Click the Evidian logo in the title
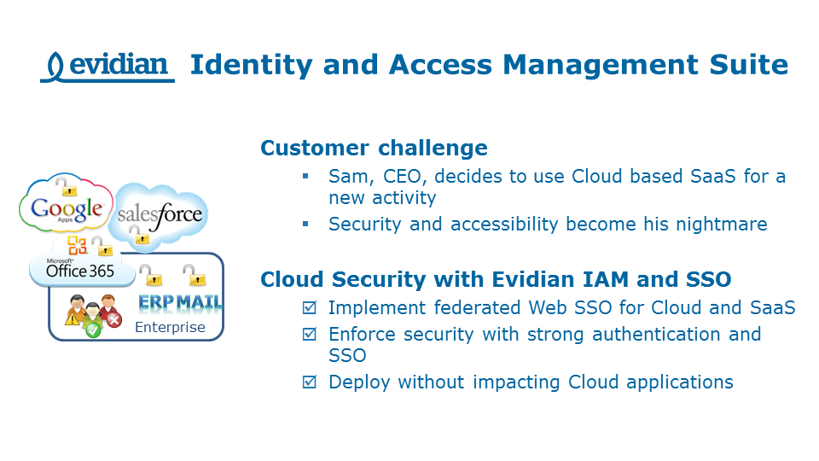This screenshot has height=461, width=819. pos(107,65)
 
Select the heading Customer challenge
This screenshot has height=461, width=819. pos(374,148)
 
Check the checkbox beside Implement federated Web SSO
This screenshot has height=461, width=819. pos(309,308)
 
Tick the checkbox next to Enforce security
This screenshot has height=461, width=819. pos(309,335)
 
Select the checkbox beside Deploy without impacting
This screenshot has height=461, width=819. pos(309,382)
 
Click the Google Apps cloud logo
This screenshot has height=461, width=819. pos(66,208)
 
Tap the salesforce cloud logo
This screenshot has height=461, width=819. pos(160,213)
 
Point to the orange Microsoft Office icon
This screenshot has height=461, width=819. pos(78,247)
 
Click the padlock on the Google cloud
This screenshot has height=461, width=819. pos(63,184)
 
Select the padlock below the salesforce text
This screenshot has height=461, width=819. pos(143,237)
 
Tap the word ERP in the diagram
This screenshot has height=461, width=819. pos(158,302)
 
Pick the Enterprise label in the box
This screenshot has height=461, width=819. pos(170,327)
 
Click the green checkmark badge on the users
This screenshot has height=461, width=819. pos(93,329)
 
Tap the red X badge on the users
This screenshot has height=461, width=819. pos(113,320)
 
